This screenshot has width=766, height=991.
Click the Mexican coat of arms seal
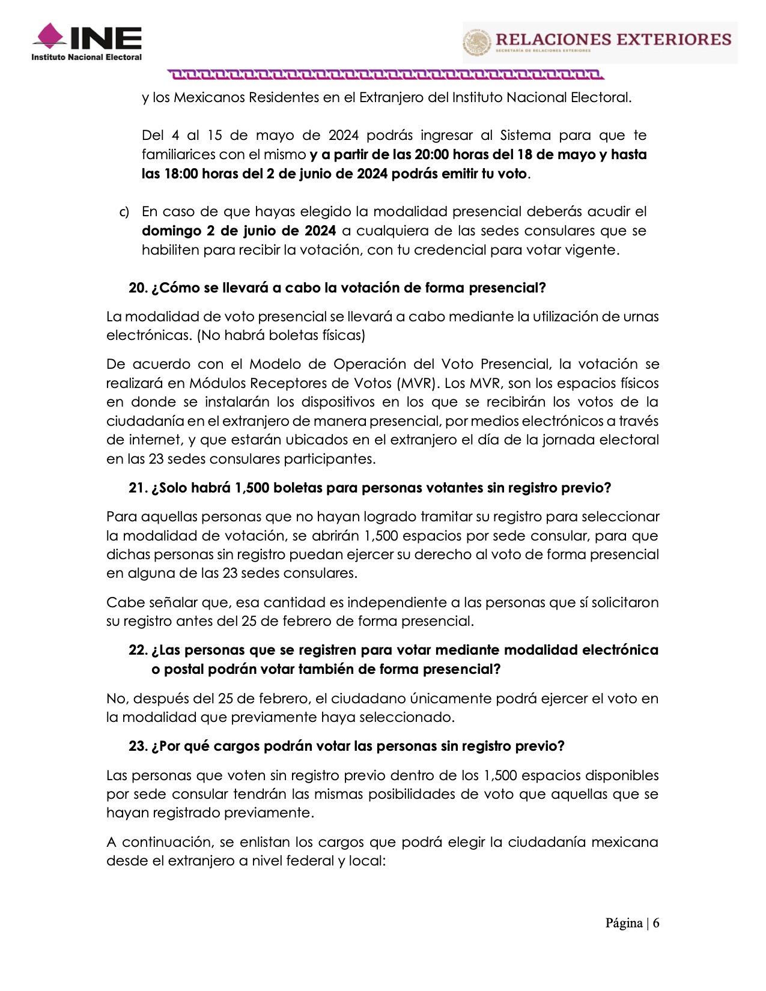pyautogui.click(x=477, y=43)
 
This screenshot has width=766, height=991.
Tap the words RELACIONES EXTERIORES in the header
pyautogui.click(x=613, y=40)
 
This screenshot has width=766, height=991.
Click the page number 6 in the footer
pyautogui.click(x=656, y=923)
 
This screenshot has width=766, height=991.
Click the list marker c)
pyautogui.click(x=124, y=212)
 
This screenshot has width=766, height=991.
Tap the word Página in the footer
pyautogui.click(x=624, y=923)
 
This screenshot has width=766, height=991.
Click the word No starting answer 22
pyautogui.click(x=116, y=699)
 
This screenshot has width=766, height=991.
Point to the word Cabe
pyautogui.click(x=123, y=602)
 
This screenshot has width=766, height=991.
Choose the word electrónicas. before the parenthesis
pyautogui.click(x=149, y=335)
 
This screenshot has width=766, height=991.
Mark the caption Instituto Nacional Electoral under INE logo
pyautogui.click(x=87, y=57)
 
